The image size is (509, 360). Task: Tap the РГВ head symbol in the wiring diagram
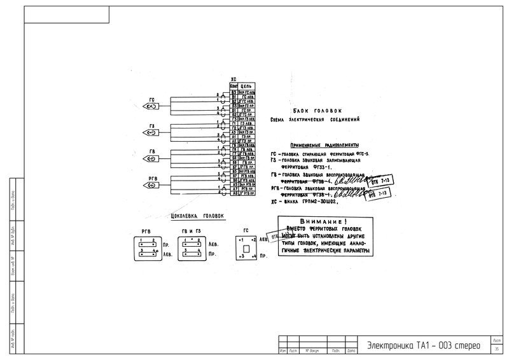pos(153,184)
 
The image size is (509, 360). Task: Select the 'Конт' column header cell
pos(234,86)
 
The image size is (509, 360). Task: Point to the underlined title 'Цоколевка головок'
pos(199,216)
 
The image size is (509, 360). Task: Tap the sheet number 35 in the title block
pos(496,348)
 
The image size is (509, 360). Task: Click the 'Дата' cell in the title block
pos(351,351)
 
